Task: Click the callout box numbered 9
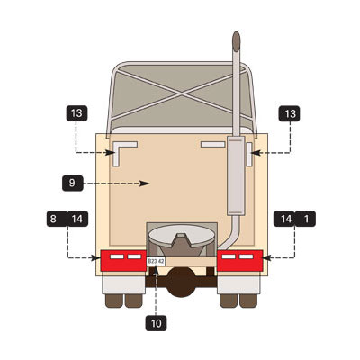73,184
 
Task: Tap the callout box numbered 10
156,323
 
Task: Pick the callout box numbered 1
306,219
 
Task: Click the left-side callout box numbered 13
76,113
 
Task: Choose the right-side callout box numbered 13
289,113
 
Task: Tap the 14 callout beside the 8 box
77,219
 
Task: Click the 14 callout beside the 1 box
285,219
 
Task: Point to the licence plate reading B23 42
156,261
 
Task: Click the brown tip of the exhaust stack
237,41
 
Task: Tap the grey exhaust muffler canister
237,175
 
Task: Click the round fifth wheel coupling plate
182,236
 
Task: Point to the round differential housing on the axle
181,282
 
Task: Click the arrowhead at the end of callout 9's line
145,184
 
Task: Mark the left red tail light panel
123,261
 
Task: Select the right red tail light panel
240,261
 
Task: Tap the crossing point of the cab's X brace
181,94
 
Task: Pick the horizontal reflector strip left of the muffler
212,145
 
